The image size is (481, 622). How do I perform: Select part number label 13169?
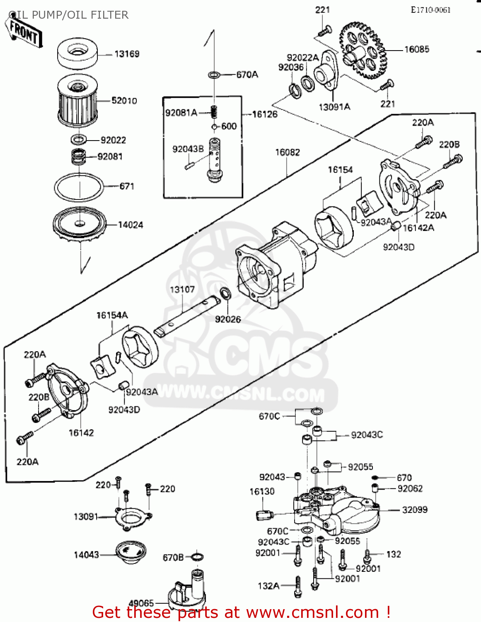pyautogui.click(x=127, y=54)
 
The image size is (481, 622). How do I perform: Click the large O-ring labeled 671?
pyautogui.click(x=78, y=187)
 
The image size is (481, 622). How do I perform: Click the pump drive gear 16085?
pyautogui.click(x=363, y=49)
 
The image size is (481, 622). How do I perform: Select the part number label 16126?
pyautogui.click(x=265, y=114)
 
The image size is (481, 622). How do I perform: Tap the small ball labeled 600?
pyautogui.click(x=214, y=127)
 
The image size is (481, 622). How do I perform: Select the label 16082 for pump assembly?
pyautogui.click(x=288, y=152)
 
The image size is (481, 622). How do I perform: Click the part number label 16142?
pyautogui.click(x=81, y=433)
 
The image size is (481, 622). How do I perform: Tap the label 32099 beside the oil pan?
pyautogui.click(x=415, y=510)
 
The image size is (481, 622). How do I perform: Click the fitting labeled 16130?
pyautogui.click(x=263, y=515)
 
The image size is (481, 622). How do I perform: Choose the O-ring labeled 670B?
pyautogui.click(x=198, y=556)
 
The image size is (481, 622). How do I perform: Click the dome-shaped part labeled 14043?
pyautogui.click(x=130, y=552)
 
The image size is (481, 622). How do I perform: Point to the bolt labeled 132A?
pyautogui.click(x=297, y=586)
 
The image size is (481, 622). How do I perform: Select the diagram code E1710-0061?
pyautogui.click(x=430, y=10)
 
